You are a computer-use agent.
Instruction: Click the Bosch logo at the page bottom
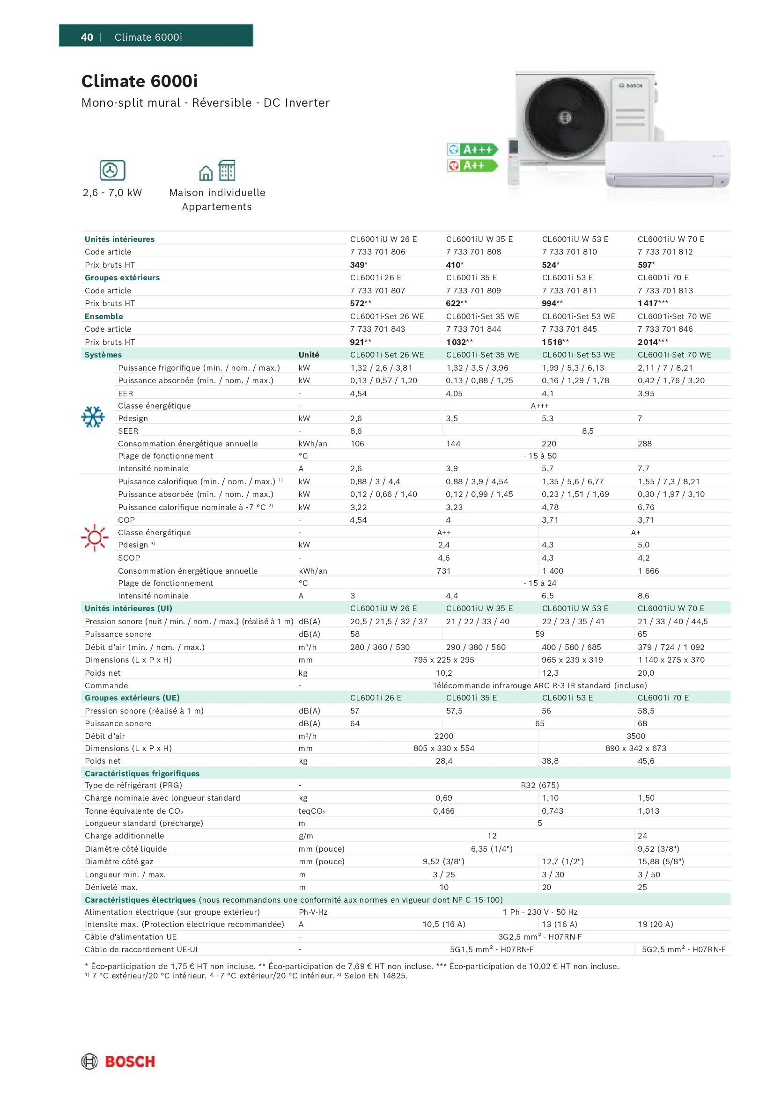click(118, 1061)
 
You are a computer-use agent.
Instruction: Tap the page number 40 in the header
click(87, 37)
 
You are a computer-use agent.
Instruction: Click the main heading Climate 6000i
click(139, 81)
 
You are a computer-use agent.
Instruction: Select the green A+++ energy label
click(472, 150)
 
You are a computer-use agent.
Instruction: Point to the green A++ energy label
click(472, 165)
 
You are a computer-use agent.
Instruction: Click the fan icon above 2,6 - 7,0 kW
click(112, 170)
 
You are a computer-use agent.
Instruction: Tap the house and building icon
click(217, 171)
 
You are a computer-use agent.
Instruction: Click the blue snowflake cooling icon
click(93, 417)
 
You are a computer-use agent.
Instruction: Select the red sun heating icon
click(95, 538)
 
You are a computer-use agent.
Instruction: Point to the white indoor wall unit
click(667, 165)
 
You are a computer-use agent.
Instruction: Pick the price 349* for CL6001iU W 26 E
click(359, 265)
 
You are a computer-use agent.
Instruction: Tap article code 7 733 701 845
click(569, 329)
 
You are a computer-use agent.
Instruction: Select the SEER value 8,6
click(356, 431)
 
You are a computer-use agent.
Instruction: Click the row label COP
click(126, 520)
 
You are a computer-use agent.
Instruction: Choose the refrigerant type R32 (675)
click(539, 785)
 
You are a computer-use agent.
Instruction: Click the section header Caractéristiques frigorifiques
click(142, 773)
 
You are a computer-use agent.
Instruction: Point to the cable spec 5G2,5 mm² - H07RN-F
click(683, 949)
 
